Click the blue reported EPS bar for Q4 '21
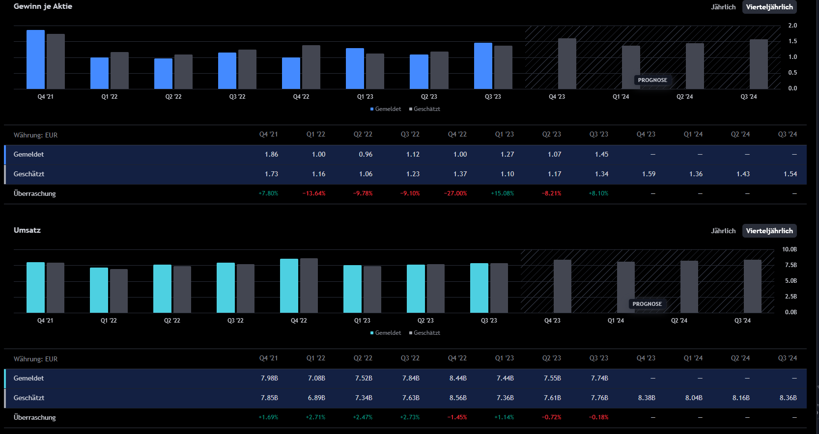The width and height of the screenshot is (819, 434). coord(35,59)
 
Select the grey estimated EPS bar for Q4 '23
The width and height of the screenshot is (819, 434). coord(567,64)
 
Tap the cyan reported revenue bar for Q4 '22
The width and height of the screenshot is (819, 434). coord(289,286)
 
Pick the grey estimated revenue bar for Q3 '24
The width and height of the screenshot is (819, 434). coord(752,286)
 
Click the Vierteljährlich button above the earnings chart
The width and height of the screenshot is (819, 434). coord(769,7)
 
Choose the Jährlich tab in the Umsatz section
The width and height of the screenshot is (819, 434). coord(723,231)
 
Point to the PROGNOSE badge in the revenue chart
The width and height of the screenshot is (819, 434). coord(647,304)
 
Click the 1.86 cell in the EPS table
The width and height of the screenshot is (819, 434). coord(271,154)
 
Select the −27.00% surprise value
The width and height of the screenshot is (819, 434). coord(455,193)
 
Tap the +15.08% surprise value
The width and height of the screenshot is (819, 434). coord(502,193)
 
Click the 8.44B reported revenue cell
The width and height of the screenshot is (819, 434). coord(458,378)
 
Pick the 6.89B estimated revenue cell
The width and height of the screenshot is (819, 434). coord(316,398)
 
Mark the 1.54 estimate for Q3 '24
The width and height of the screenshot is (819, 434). coord(790,174)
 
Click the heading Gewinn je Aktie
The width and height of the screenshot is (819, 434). coord(43,6)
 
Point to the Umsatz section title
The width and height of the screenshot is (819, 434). coord(27,230)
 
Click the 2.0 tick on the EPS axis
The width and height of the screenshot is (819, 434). coord(792,26)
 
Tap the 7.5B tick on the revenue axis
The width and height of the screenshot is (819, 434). coord(791,265)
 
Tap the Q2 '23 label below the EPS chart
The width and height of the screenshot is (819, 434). coord(429,97)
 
